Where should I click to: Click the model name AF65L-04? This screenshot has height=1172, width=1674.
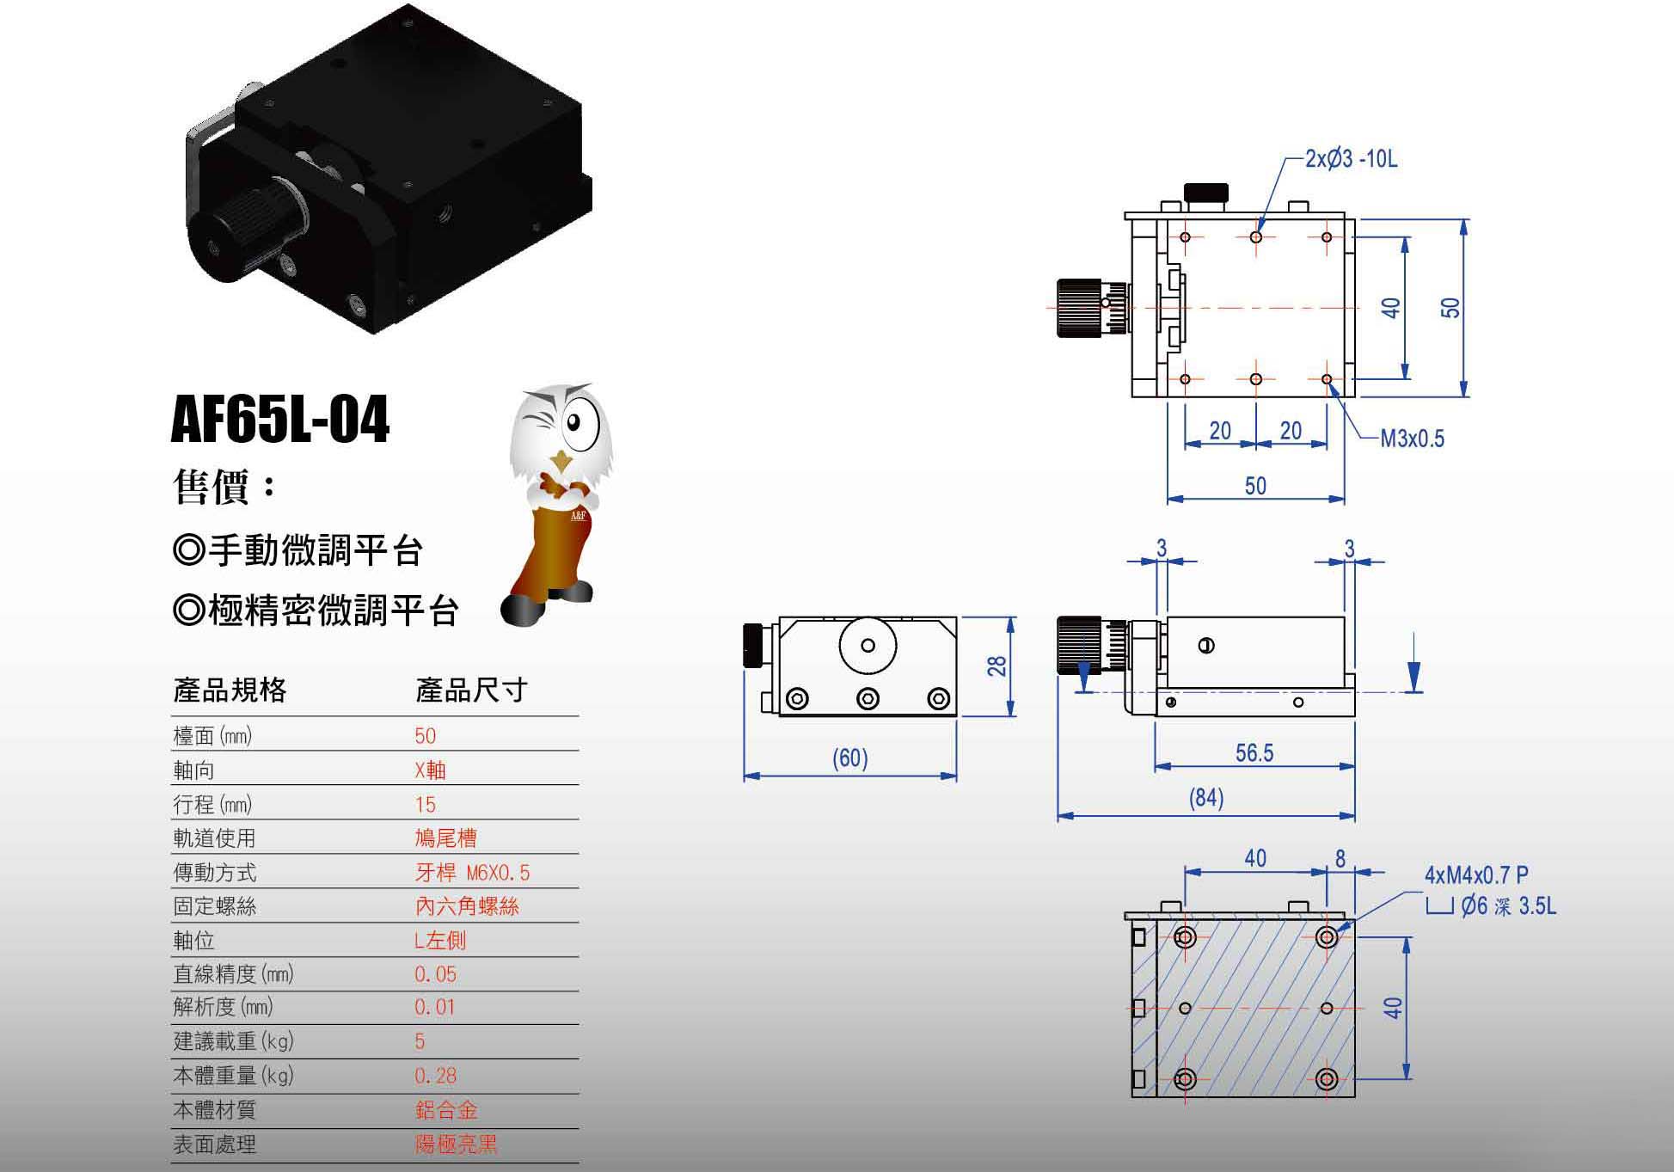(x=280, y=420)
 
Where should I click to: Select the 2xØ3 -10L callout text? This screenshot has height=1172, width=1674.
(x=1351, y=159)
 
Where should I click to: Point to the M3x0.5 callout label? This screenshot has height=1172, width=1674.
(x=1412, y=439)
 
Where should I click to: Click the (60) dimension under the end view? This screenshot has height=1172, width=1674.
(x=849, y=758)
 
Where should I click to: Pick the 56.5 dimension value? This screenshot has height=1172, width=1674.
(x=1254, y=754)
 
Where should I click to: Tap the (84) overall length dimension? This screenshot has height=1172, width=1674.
(x=1205, y=799)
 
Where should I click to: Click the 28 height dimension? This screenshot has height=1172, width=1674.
(x=996, y=666)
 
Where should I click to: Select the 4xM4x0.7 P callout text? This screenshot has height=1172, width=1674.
(x=1476, y=875)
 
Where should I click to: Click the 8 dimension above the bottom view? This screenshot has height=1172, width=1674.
(x=1340, y=858)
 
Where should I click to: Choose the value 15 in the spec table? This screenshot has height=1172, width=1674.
(x=425, y=805)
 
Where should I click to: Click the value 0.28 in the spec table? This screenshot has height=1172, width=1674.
(x=435, y=1076)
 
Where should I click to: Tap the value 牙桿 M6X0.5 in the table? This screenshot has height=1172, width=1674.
(x=472, y=873)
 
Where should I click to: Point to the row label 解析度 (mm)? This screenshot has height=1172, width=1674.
(x=233, y=1007)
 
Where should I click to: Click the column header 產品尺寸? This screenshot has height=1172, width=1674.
(x=471, y=690)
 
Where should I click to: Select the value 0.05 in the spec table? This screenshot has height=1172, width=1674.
(x=435, y=974)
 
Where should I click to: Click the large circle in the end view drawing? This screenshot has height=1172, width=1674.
(x=868, y=645)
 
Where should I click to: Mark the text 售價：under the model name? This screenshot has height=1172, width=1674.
(x=225, y=487)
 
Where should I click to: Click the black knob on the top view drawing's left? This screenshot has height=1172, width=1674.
(x=1081, y=307)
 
